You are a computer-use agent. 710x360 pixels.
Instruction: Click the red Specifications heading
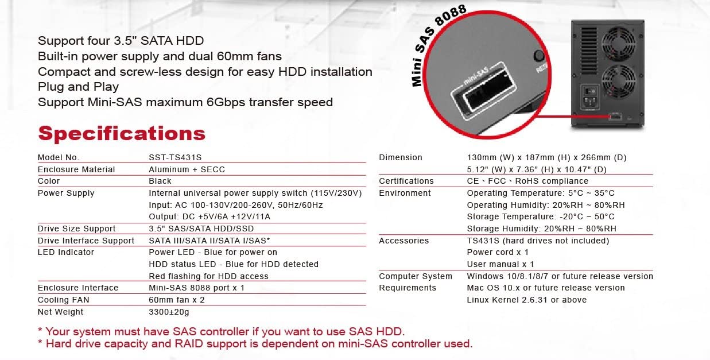(122, 134)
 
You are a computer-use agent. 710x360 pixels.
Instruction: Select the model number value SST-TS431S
(175, 157)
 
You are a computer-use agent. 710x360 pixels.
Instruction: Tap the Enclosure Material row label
(76, 169)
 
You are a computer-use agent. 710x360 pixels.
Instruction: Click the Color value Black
(160, 181)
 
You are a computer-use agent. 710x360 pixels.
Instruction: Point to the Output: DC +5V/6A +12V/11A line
(209, 216)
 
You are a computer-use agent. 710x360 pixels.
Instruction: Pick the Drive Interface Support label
(86, 241)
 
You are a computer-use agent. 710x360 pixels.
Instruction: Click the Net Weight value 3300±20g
(169, 312)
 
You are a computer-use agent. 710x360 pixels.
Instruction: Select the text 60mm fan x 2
(177, 300)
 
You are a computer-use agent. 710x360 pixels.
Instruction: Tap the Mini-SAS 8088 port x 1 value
(196, 288)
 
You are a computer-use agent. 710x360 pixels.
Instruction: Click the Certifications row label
(406, 181)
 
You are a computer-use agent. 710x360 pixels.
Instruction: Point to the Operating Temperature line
(541, 193)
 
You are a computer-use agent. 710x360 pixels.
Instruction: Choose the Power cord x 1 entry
(498, 252)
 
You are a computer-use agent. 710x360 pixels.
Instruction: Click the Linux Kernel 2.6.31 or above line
(526, 300)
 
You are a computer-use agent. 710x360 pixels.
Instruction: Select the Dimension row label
(401, 157)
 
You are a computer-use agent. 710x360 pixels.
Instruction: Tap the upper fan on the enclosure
(619, 44)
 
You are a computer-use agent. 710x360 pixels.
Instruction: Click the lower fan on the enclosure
(619, 82)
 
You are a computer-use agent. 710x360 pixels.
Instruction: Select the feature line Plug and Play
(78, 87)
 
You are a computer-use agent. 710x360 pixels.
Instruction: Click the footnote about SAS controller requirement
(221, 332)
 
